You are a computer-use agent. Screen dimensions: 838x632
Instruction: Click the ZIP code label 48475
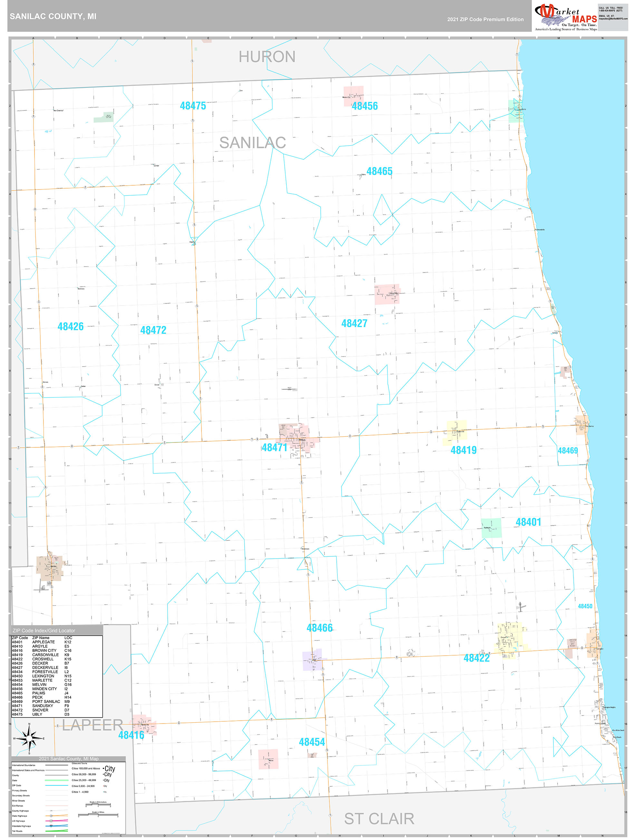pyautogui.click(x=193, y=106)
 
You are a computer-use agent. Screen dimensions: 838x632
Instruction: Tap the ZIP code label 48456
pyautogui.click(x=365, y=106)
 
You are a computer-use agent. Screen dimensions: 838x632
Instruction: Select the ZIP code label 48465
pyautogui.click(x=379, y=171)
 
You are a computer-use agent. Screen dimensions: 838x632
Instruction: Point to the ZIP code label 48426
pyautogui.click(x=71, y=326)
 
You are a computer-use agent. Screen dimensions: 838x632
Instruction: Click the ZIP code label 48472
pyautogui.click(x=153, y=330)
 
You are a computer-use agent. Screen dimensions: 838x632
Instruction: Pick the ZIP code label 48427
pyautogui.click(x=354, y=323)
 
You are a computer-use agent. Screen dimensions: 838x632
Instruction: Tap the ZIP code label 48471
pyautogui.click(x=275, y=448)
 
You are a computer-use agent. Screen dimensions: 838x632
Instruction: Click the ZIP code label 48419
pyautogui.click(x=463, y=450)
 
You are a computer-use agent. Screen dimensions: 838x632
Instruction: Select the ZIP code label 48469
pyautogui.click(x=568, y=451)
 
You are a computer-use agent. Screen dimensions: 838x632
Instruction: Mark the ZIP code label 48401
pyautogui.click(x=528, y=522)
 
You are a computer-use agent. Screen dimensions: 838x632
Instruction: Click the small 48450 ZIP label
pyautogui.click(x=585, y=606)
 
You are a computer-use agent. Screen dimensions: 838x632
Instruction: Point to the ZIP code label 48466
pyautogui.click(x=319, y=628)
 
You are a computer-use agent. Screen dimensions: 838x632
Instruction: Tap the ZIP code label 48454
pyautogui.click(x=312, y=742)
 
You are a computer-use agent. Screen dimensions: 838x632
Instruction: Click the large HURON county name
pyautogui.click(x=267, y=57)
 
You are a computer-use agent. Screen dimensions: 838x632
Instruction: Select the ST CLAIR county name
pyautogui.click(x=379, y=819)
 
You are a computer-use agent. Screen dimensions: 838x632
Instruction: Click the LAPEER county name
pyautogui.click(x=92, y=725)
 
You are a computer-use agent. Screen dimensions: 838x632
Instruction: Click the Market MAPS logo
pyautogui.click(x=566, y=17)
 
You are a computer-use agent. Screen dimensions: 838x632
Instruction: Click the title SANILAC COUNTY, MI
pyautogui.click(x=53, y=16)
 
